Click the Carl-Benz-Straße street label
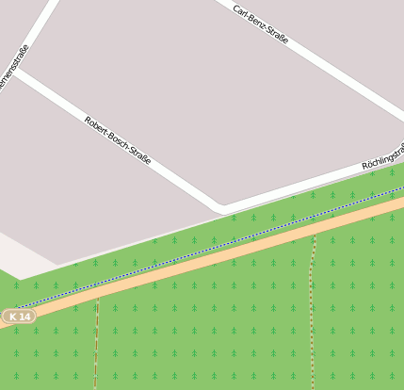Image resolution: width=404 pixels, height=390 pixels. [261, 25]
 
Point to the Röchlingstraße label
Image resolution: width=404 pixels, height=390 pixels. [383, 157]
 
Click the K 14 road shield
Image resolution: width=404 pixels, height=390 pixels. [20, 317]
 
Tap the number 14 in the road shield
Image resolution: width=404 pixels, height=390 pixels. [24, 317]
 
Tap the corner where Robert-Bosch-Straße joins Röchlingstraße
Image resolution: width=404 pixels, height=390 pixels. [220, 205]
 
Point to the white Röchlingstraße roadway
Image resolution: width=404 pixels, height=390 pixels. [311, 184]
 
